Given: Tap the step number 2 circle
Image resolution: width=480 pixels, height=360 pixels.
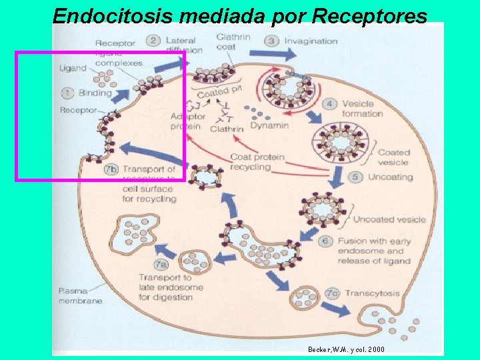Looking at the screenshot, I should tap(153, 41).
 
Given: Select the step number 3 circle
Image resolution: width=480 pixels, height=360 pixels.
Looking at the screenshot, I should tap(272, 41).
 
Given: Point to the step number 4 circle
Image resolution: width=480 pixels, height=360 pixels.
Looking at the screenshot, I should tap(330, 104).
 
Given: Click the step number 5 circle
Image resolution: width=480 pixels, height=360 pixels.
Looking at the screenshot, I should tap(356, 177).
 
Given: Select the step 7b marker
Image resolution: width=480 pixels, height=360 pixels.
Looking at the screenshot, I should tap(111, 169).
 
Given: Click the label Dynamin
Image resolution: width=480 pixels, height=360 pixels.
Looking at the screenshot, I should tap(269, 125).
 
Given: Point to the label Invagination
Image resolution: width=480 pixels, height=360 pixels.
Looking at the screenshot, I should tap(311, 41).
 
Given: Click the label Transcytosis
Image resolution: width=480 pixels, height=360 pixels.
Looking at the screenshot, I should tap(373, 293).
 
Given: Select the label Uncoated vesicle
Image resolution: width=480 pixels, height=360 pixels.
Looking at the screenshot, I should tap(389, 219).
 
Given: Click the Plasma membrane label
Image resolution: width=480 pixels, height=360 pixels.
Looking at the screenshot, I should tap(80, 296).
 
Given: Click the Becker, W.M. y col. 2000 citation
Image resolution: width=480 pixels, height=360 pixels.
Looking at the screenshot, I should tap(346, 349).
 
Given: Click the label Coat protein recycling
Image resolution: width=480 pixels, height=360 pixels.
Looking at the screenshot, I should tap(257, 162).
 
